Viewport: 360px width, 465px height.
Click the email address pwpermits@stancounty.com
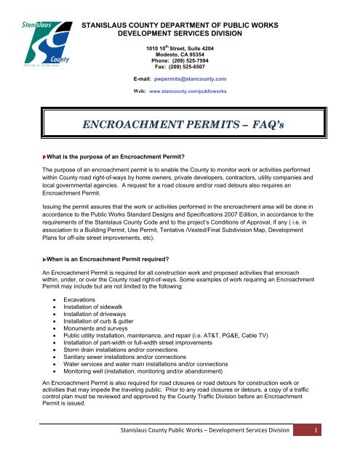pyautogui.click(x=200, y=97)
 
